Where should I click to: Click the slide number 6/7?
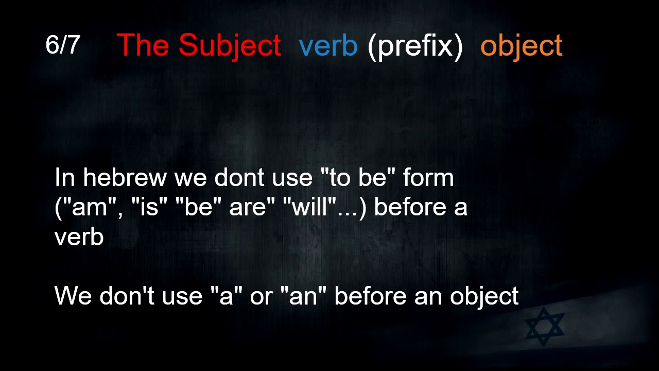point(62,45)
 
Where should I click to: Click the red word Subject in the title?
point(230,45)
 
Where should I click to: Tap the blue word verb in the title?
point(328,46)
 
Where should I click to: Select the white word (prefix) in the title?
point(415,46)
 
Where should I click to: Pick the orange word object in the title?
point(521,46)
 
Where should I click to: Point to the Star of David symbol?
point(544,327)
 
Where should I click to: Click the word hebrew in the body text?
point(125,178)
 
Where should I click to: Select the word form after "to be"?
point(428,178)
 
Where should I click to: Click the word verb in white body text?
point(79,237)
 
